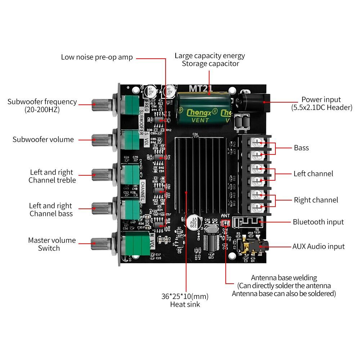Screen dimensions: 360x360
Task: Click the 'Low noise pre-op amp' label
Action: (97, 57)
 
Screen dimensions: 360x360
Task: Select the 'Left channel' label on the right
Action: (313, 174)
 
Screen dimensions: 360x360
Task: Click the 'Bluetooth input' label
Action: (318, 222)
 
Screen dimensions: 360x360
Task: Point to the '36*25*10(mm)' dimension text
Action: (185, 297)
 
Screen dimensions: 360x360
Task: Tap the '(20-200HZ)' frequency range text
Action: (42, 109)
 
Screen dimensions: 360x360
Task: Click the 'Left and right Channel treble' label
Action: (52, 176)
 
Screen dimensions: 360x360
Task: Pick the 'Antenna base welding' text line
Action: (284, 278)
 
